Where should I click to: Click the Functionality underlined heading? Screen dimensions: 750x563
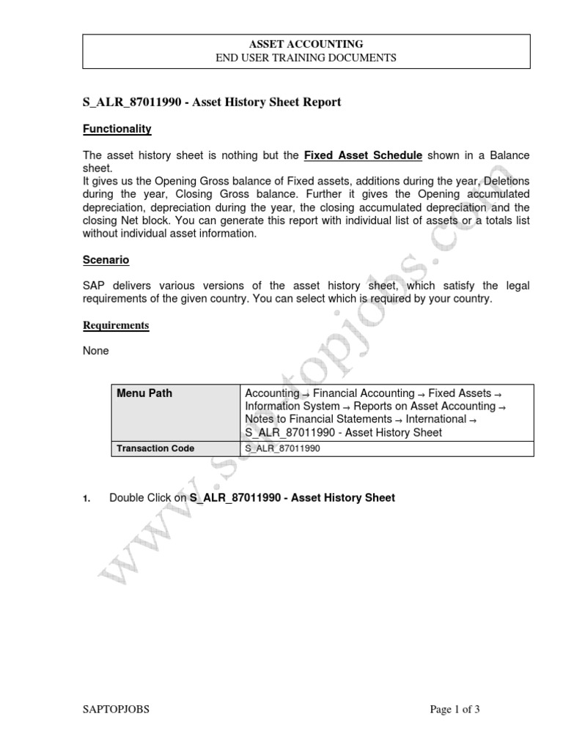tap(117, 129)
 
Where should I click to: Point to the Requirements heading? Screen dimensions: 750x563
tap(116, 325)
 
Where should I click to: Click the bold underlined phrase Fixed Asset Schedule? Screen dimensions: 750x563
tap(363, 155)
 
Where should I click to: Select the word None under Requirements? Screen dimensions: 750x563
tap(96, 351)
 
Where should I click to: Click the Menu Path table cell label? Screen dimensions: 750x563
tap(144, 393)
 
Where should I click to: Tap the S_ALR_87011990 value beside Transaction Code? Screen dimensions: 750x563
tap(283, 448)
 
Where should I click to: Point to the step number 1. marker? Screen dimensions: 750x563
tap(87, 499)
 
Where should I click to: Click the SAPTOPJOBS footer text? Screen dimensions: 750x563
tap(117, 709)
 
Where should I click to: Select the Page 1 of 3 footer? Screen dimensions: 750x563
tap(455, 709)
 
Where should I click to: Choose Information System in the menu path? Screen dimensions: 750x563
tap(292, 406)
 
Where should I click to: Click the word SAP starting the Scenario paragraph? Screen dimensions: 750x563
tap(94, 285)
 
